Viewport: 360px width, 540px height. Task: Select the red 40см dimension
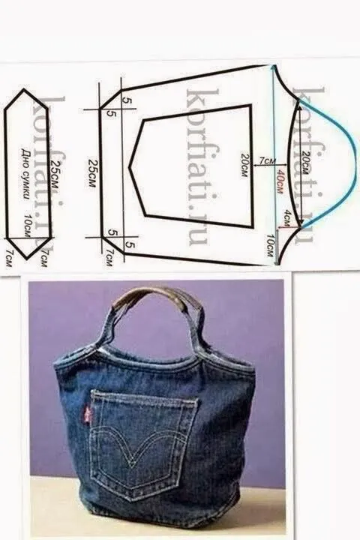[279, 181]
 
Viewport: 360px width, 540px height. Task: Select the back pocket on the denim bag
[142, 442]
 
